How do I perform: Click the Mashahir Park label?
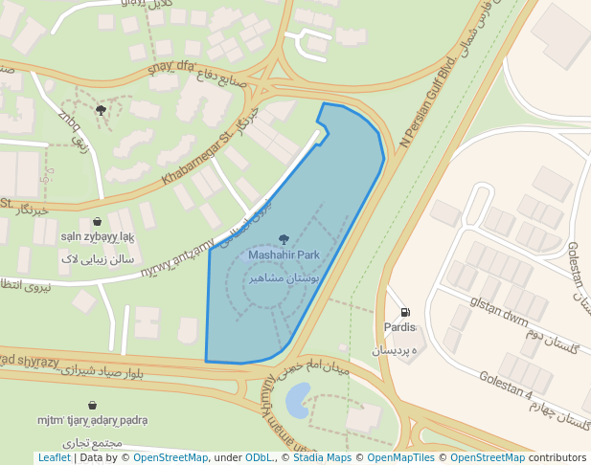pyautogui.click(x=284, y=255)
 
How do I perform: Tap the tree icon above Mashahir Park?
pyautogui.click(x=284, y=239)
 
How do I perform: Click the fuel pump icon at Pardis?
pyautogui.click(x=405, y=312)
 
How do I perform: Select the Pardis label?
pyautogui.click(x=401, y=327)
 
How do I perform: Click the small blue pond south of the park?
pyautogui.click(x=296, y=397)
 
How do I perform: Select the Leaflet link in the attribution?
pyautogui.click(x=54, y=457)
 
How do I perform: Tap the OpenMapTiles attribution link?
pyautogui.click(x=402, y=457)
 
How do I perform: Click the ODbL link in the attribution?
pyautogui.click(x=259, y=457)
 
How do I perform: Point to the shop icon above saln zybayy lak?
pyautogui.click(x=97, y=222)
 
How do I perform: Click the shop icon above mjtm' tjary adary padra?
pyautogui.click(x=92, y=406)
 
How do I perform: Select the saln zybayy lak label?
pyautogui.click(x=98, y=236)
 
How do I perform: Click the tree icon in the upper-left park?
pyautogui.click(x=101, y=110)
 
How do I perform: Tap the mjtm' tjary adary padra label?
pyautogui.click(x=93, y=420)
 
